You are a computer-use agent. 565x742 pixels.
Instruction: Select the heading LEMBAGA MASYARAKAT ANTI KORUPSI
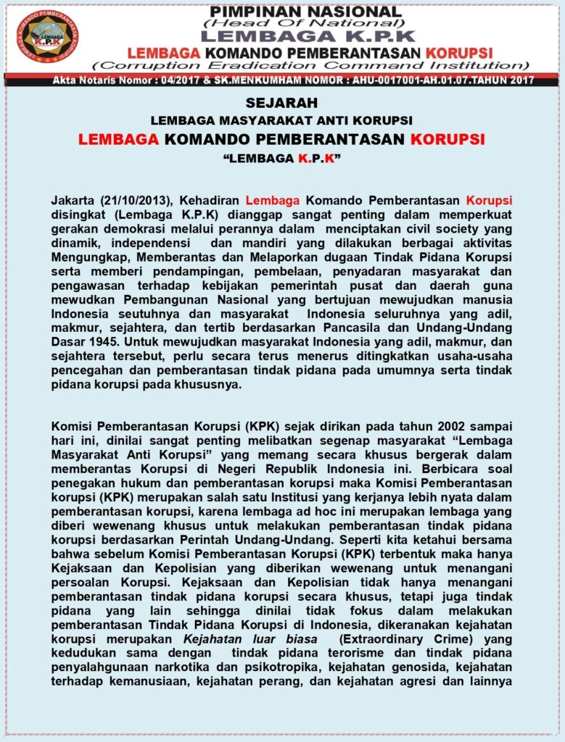click(281, 120)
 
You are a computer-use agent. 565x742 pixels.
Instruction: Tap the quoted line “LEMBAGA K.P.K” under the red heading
click(281, 157)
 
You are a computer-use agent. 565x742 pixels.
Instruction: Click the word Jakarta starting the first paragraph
click(73, 200)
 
